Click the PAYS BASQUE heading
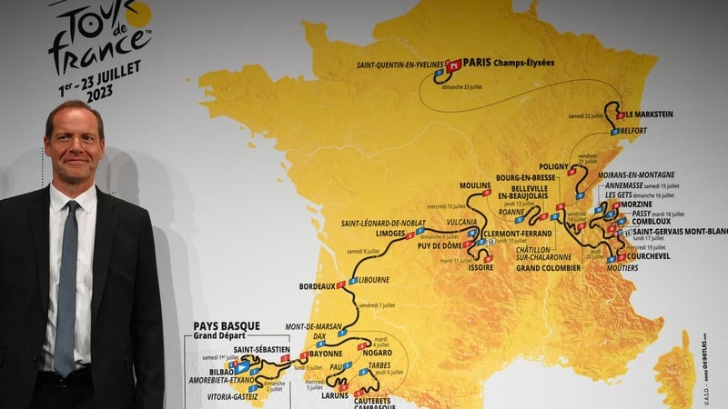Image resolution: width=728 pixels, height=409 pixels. [x=226, y=326]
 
